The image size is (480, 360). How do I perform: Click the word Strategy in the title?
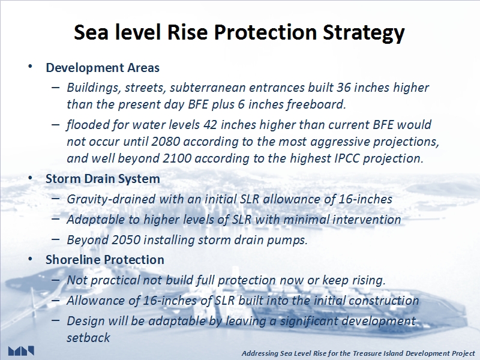click(x=364, y=32)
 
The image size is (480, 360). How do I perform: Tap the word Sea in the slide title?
click(x=91, y=32)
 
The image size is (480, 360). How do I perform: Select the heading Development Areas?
click(x=103, y=68)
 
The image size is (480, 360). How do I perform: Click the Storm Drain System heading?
click(x=103, y=179)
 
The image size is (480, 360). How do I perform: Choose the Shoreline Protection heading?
click(x=104, y=260)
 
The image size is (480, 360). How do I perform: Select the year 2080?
click(x=166, y=142)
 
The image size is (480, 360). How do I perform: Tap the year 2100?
click(x=177, y=158)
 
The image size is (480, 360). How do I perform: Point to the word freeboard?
click(x=316, y=104)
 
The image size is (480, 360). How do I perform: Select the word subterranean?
click(x=206, y=88)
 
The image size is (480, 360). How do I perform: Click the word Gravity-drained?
click(x=111, y=200)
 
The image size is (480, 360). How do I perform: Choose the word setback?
click(x=88, y=338)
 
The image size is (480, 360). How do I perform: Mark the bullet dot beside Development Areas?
click(x=30, y=67)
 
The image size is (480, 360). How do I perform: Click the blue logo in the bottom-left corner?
click(x=21, y=351)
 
